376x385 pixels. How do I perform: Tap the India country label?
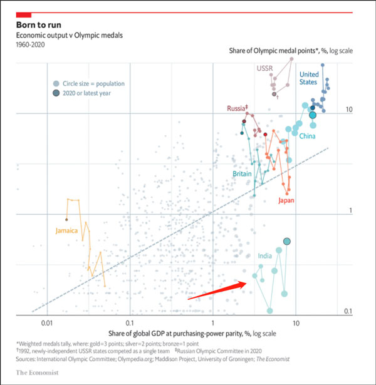pyautogui.click(x=265, y=256)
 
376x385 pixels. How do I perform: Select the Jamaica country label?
pyautogui.click(x=66, y=230)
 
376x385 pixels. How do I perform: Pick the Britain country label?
pyautogui.click(x=243, y=174)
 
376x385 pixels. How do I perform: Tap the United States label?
pyautogui.click(x=309, y=78)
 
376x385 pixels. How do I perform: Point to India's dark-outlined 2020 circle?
pyautogui.click(x=287, y=242)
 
